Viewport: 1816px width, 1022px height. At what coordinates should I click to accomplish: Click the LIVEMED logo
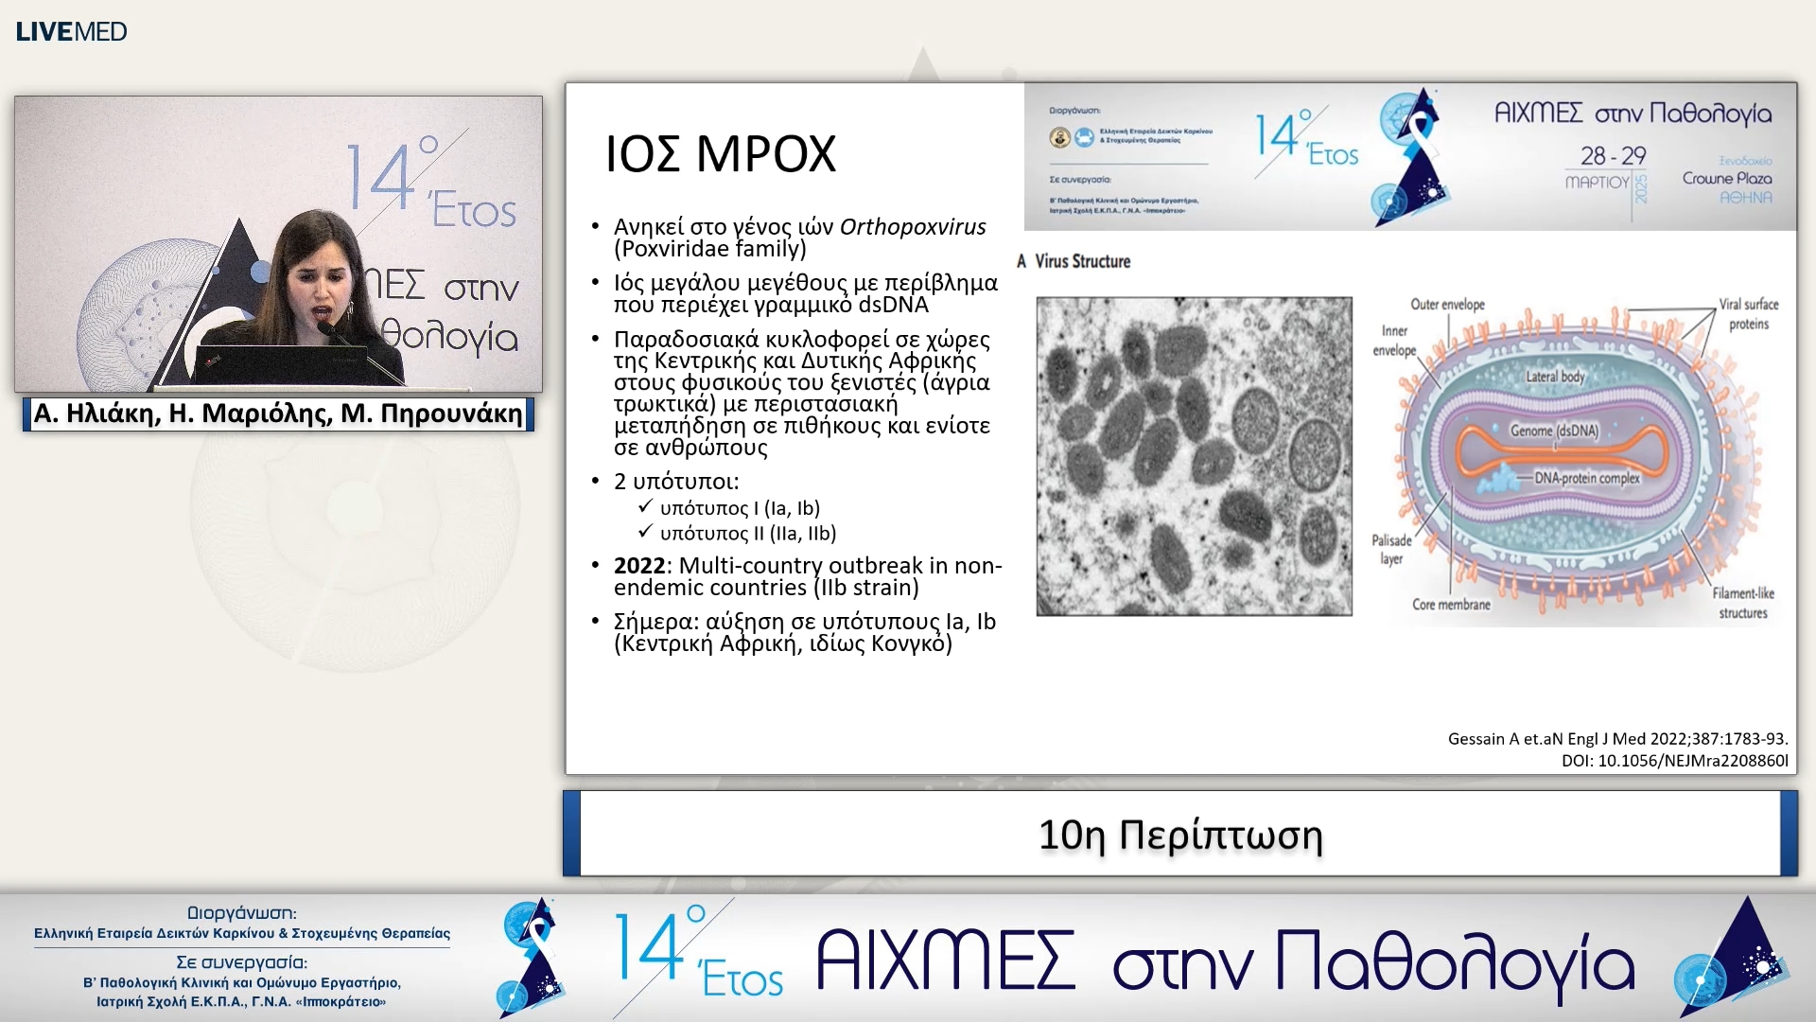click(x=71, y=31)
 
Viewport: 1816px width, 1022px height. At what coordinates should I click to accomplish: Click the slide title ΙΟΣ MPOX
click(x=720, y=154)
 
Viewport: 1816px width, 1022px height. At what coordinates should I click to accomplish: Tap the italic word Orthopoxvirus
click(x=912, y=227)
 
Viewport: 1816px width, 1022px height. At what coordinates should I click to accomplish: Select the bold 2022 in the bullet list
click(x=639, y=566)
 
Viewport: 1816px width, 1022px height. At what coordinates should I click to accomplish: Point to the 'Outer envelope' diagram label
click(x=1447, y=305)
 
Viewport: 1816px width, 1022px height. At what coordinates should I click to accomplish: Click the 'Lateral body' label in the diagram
click(x=1555, y=377)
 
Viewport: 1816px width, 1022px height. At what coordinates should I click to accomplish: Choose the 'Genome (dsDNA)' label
click(x=1554, y=431)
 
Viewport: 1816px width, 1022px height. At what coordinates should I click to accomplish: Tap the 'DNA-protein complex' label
click(x=1586, y=478)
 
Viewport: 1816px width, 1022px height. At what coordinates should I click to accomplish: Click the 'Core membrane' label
click(x=1451, y=605)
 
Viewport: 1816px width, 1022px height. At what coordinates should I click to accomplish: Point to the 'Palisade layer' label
click(x=1391, y=550)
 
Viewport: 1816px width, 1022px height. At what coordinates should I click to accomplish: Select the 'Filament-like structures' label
click(x=1743, y=603)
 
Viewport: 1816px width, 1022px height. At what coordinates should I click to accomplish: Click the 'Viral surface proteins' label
click(x=1749, y=314)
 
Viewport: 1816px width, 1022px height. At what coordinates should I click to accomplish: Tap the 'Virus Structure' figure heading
click(x=1082, y=261)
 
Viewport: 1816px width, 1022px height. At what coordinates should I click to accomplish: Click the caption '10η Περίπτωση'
click(x=1179, y=835)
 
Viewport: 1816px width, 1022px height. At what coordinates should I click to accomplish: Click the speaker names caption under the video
click(x=278, y=414)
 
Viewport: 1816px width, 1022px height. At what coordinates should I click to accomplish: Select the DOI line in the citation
click(x=1674, y=760)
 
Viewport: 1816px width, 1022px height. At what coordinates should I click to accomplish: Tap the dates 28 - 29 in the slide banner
click(x=1613, y=155)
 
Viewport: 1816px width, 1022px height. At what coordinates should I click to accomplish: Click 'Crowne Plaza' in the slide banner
click(x=1726, y=178)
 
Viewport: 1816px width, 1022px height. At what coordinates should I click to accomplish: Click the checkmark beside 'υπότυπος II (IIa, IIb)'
click(x=645, y=532)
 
